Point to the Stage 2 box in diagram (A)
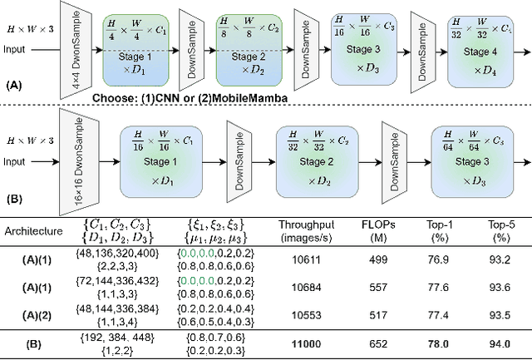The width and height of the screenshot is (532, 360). coord(247,49)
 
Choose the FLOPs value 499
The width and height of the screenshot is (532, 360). coord(377,259)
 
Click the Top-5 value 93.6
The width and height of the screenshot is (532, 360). coord(499,287)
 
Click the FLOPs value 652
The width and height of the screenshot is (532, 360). coord(377,343)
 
